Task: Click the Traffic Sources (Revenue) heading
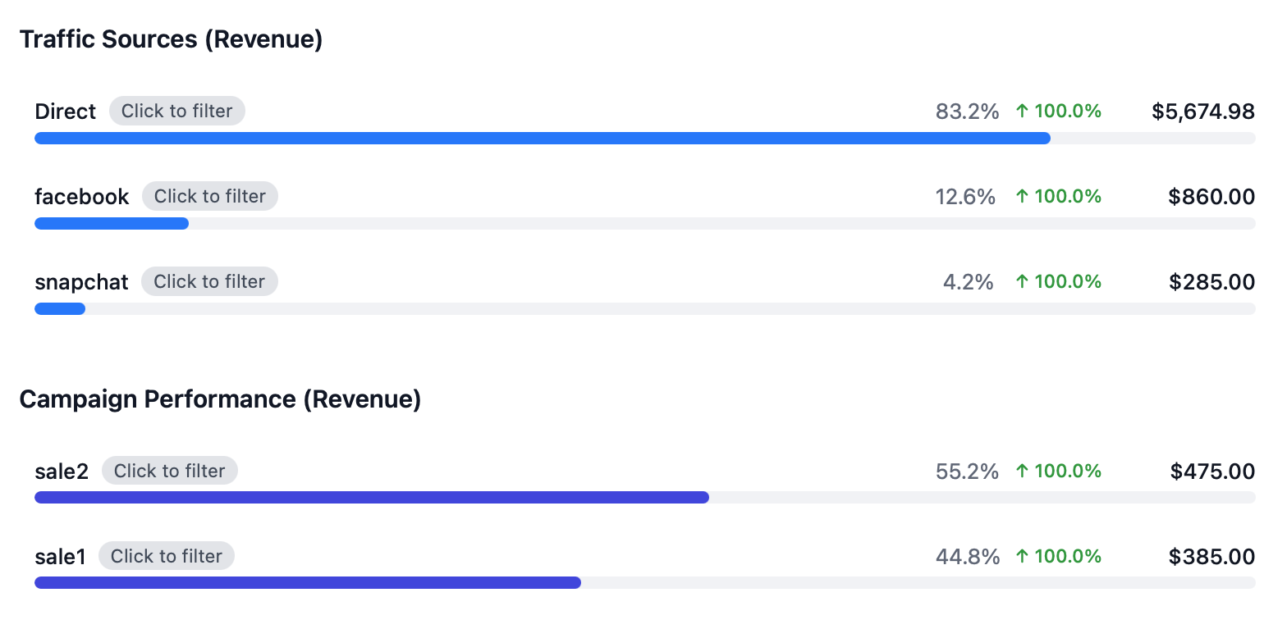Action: point(171,39)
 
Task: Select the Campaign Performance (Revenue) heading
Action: point(220,399)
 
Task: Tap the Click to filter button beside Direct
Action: point(176,111)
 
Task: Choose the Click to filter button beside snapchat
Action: point(209,281)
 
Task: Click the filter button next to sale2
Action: point(169,471)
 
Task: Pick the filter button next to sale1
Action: point(166,556)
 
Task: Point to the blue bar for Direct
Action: point(542,138)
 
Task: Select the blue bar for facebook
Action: point(112,223)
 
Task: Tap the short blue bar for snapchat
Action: point(60,308)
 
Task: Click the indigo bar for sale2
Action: point(371,497)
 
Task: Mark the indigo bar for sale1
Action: point(308,582)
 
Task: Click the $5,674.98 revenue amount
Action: point(1203,112)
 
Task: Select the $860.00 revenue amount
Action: point(1211,197)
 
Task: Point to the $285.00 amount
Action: point(1211,282)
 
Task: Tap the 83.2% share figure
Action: point(967,112)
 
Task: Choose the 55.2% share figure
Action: point(967,472)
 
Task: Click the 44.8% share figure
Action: point(967,557)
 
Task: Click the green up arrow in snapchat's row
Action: point(1022,281)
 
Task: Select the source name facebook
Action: point(82,197)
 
